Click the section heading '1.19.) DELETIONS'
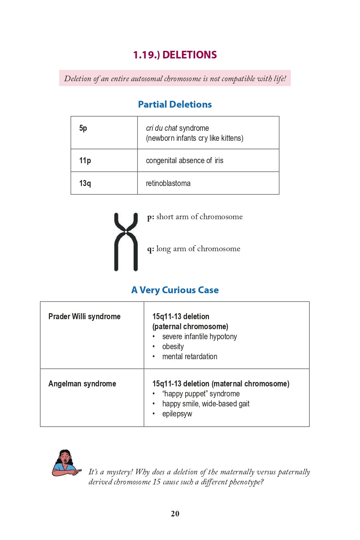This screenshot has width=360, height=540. (x=175, y=55)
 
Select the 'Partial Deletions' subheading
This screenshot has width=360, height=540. (x=175, y=104)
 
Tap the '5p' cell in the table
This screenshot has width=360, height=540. (x=83, y=128)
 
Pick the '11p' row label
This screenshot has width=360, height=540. (x=85, y=161)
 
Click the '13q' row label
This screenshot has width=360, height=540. (x=85, y=184)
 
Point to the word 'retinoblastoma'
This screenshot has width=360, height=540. (x=168, y=184)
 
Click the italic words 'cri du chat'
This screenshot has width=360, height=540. (x=162, y=128)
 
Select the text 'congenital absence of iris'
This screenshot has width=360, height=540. (x=184, y=161)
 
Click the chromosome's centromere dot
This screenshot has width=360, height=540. (x=126, y=232)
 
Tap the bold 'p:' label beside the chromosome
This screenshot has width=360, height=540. (x=150, y=217)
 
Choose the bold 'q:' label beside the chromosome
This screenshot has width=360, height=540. (x=150, y=249)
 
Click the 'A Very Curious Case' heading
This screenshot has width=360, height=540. (x=175, y=290)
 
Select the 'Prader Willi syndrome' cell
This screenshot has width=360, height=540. (x=84, y=317)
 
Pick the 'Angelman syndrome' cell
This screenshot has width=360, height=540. (x=82, y=384)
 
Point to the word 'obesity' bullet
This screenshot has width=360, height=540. (x=173, y=347)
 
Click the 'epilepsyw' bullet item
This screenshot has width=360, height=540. (x=177, y=414)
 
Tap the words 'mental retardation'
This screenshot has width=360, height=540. (x=190, y=357)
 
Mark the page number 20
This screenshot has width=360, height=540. (x=175, y=514)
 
